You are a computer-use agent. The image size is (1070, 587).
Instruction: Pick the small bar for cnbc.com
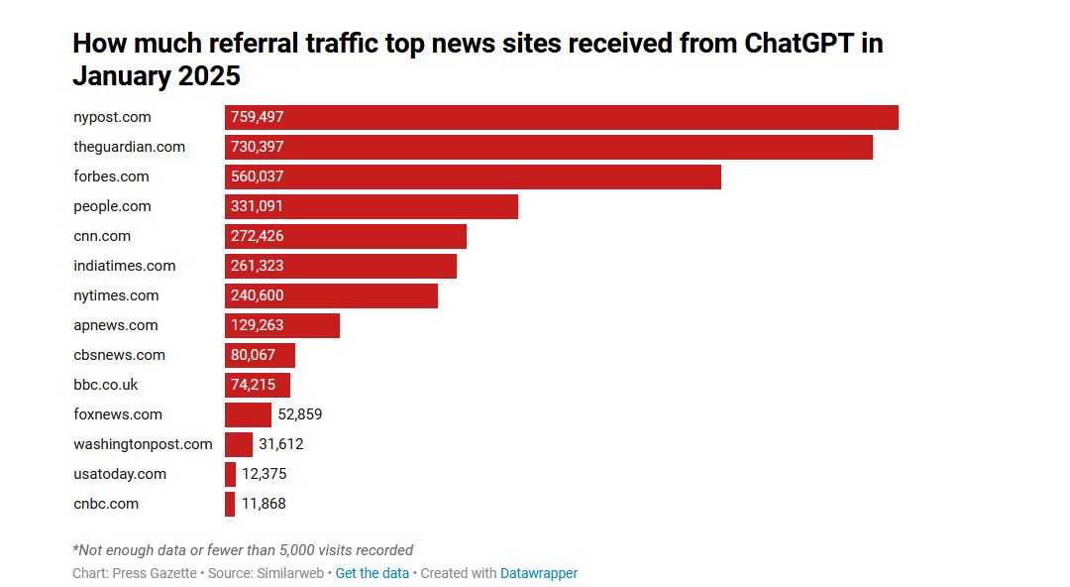(230, 504)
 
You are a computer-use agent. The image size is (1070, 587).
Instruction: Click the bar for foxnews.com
(248, 414)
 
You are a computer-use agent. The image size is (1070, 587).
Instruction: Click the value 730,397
(258, 147)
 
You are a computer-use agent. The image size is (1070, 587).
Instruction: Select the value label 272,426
(258, 236)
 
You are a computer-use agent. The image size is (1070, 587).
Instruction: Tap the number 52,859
(300, 414)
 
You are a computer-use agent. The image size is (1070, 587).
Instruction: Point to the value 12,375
(265, 474)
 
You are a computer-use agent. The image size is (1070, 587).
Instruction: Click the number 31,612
(281, 444)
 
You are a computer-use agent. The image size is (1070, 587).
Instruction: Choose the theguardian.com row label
(129, 147)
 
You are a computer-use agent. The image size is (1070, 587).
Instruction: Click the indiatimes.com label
(124, 266)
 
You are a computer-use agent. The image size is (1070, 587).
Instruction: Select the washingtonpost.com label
(143, 444)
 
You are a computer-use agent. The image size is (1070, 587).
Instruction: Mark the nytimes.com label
(116, 295)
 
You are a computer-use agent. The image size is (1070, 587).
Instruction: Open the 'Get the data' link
(373, 573)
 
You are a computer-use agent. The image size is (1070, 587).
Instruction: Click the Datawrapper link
(539, 573)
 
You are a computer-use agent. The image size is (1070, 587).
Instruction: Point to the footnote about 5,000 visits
(243, 550)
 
